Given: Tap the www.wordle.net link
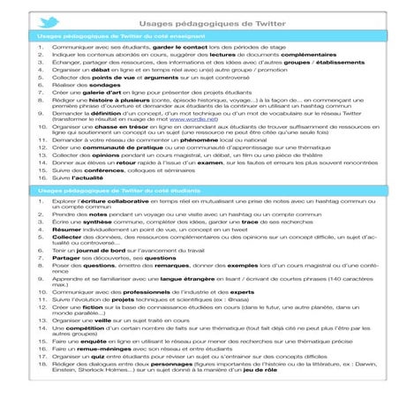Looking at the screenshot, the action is (201, 124).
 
